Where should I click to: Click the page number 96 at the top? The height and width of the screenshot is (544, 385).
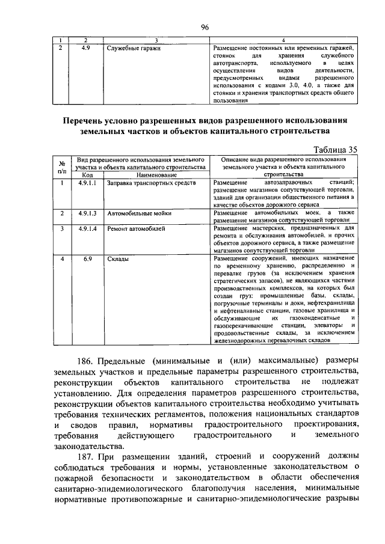coord(204,26)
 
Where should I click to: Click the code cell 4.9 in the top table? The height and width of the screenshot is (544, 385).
coord(85,46)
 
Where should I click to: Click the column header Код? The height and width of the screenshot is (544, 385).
coord(85,175)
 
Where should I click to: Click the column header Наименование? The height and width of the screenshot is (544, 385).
coord(153,175)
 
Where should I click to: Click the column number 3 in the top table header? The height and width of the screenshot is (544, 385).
coord(156,38)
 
